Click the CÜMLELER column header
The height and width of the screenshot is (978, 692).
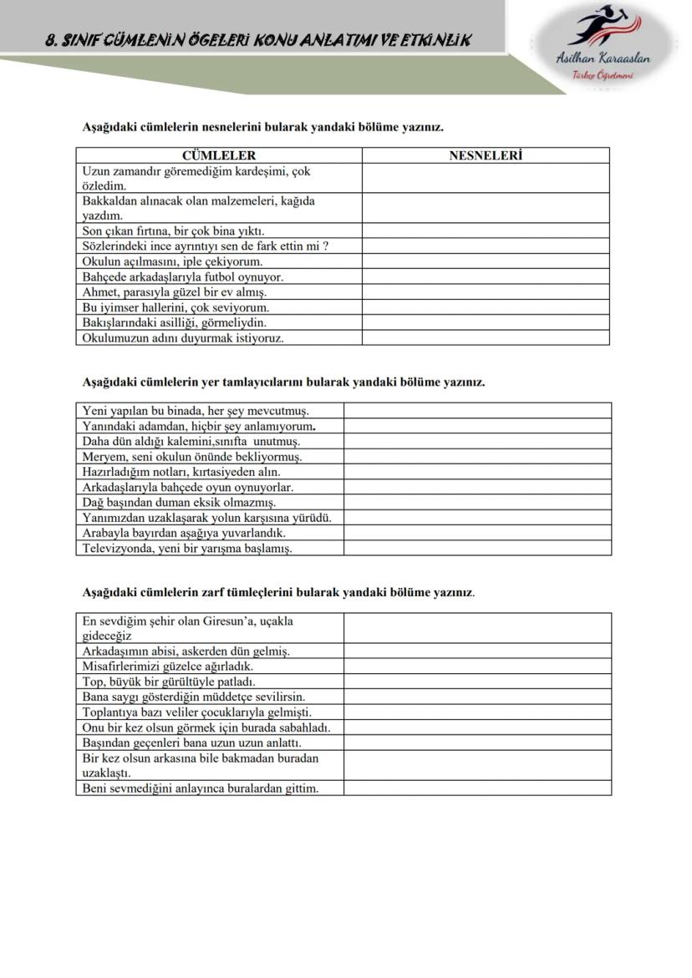tap(218, 155)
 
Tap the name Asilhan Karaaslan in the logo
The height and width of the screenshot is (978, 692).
tap(603, 58)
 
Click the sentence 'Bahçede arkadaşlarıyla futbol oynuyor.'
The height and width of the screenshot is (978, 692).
tap(182, 276)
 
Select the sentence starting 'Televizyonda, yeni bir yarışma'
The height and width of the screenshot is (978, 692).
tap(186, 549)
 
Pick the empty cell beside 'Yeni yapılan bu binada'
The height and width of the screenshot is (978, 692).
tap(476, 411)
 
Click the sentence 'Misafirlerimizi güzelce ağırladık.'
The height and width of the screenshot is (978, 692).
tap(167, 666)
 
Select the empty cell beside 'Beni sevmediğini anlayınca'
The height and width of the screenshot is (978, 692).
tap(476, 788)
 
